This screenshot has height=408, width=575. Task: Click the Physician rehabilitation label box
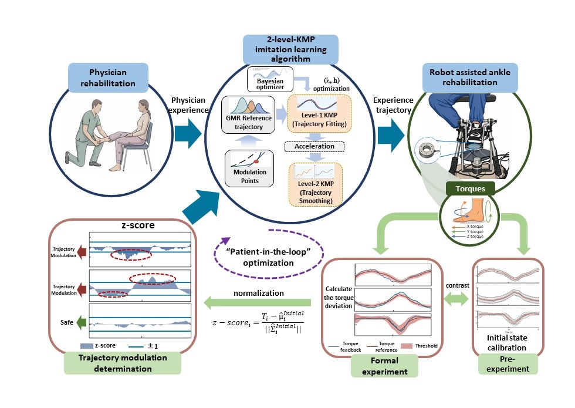coord(112,78)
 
